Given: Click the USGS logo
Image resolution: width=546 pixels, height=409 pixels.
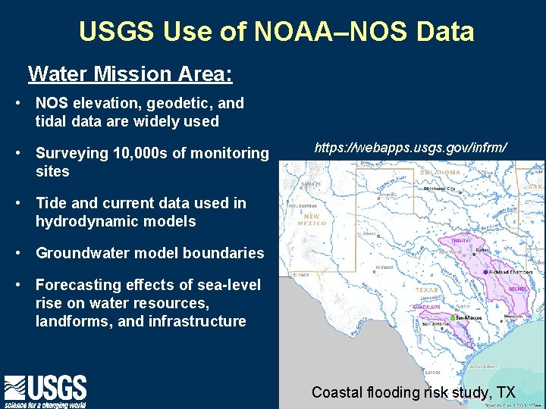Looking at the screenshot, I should pyautogui.click(x=45, y=391).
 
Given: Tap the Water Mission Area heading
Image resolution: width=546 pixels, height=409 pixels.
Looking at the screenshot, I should pyautogui.click(x=130, y=74).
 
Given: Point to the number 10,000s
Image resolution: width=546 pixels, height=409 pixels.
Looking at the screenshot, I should pyautogui.click(x=141, y=154).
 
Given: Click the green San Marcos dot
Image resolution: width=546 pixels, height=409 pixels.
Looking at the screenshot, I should pyautogui.click(x=453, y=318).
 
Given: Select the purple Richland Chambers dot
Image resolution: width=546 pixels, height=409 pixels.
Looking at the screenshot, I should pyautogui.click(x=485, y=272).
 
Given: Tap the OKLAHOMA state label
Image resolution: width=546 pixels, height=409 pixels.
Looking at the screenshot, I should pyautogui.click(x=440, y=172).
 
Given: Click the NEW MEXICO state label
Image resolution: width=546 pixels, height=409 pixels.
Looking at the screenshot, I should pyautogui.click(x=312, y=220).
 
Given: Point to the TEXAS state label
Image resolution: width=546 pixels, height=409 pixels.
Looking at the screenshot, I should pyautogui.click(x=427, y=289).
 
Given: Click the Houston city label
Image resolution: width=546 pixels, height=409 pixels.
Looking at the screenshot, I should pyautogui.click(x=513, y=315).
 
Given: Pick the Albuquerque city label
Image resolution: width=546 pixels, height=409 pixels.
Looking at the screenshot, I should pyautogui.click(x=303, y=205).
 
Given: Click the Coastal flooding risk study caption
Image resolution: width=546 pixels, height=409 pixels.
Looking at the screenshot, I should pyautogui.click(x=413, y=392).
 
